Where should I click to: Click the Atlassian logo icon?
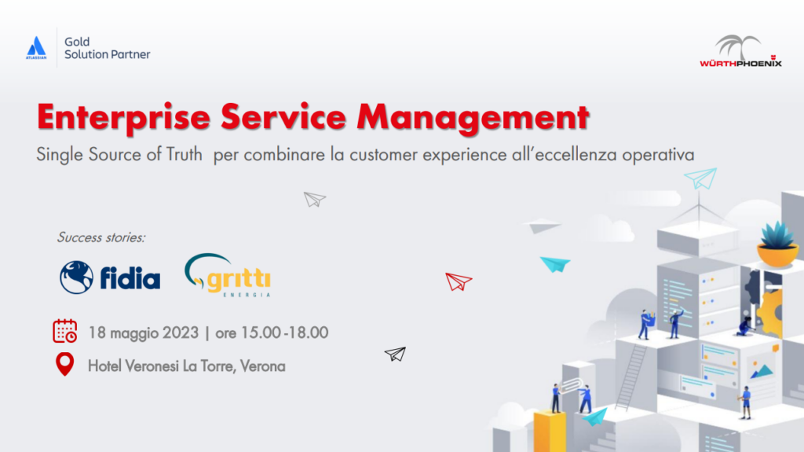point(36,48)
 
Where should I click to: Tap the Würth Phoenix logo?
point(740,51)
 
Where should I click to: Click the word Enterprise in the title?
point(123,118)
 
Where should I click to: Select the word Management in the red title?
point(473,118)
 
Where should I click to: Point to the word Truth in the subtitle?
point(184,154)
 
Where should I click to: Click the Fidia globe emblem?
point(76,277)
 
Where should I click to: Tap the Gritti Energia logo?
point(228,275)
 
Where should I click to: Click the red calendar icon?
point(65,331)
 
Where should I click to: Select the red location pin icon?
point(64,364)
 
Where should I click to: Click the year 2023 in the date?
point(181,333)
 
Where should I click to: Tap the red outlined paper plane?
point(459,281)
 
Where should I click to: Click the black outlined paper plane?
point(396,354)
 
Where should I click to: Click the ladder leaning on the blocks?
point(630,377)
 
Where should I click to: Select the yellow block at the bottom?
point(550,432)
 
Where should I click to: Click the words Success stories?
point(101,237)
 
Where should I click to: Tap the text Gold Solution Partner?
point(107,48)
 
